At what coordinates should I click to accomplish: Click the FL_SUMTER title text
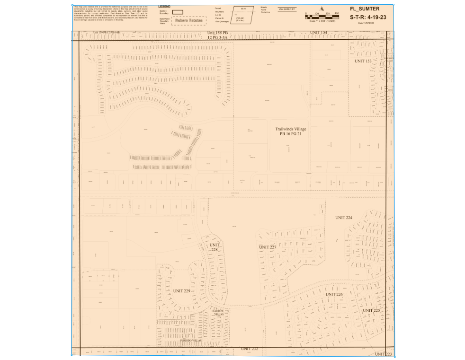coord(365,9)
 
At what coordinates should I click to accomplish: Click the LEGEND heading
coord(164,7)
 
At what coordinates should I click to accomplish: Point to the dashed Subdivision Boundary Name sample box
coord(188,20)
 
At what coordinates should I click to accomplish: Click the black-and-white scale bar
coord(322,17)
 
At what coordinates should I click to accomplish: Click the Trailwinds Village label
coord(291,129)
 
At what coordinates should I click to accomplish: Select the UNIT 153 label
coord(363,61)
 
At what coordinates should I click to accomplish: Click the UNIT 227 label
coord(268,247)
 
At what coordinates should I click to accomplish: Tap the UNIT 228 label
coord(215,247)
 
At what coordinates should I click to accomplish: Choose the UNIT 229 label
coord(182,290)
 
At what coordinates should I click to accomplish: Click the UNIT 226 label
coord(334,294)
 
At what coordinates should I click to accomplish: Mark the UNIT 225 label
coord(371,310)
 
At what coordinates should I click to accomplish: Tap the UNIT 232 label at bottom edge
coord(250,349)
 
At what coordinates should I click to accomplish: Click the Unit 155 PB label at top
coord(218,33)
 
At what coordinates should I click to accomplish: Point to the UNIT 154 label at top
coord(319,32)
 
